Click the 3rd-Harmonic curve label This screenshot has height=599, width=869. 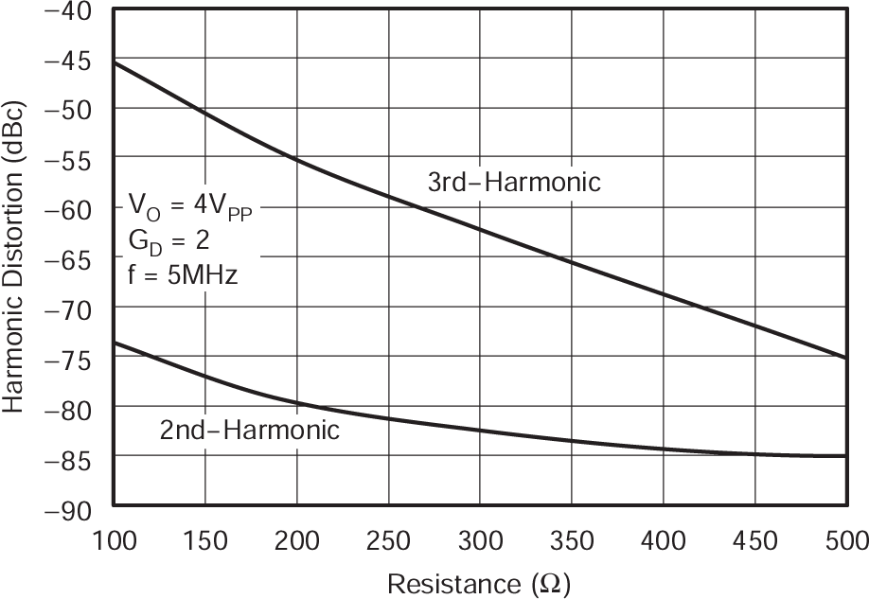coord(514,183)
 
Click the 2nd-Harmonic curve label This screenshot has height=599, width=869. coord(249,431)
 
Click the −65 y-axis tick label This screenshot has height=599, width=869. coord(63,259)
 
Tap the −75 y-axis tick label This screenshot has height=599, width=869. coord(63,359)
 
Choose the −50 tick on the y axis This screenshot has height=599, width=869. coord(63,111)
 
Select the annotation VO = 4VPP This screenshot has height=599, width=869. coord(190,204)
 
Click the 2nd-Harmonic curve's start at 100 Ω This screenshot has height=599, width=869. coord(114,343)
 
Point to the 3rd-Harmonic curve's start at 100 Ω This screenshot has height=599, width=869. coord(114,62)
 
